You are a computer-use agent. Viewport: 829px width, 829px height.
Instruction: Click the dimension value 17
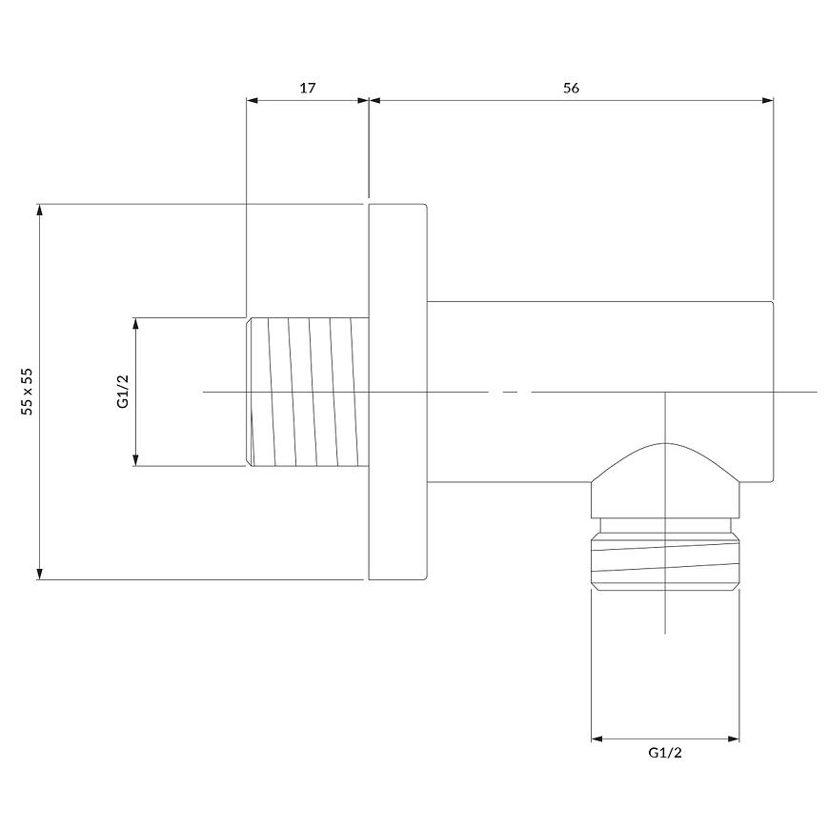308,88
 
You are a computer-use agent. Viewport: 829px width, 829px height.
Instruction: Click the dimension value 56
571,88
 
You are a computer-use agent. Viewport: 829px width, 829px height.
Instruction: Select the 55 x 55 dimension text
27,392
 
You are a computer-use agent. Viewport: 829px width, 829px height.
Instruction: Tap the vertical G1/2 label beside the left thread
123,392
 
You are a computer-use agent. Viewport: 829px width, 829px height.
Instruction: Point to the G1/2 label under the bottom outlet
665,753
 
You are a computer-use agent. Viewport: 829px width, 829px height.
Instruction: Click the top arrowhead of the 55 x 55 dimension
39,210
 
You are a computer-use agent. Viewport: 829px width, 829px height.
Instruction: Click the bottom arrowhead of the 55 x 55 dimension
39,574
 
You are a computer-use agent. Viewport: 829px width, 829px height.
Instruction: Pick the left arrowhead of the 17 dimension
253,100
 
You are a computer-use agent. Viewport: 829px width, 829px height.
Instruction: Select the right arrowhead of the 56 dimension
768,100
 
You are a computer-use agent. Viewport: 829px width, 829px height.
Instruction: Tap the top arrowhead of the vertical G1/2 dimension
136,324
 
